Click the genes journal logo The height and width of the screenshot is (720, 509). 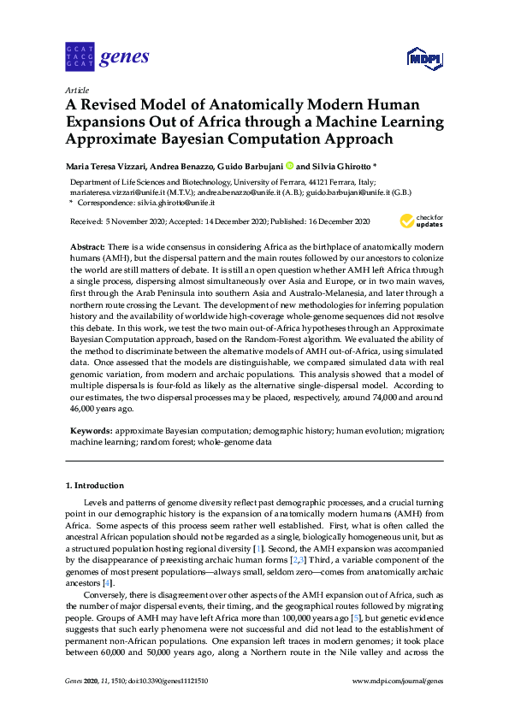[107, 57]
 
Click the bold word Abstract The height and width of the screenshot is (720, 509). [86, 245]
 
